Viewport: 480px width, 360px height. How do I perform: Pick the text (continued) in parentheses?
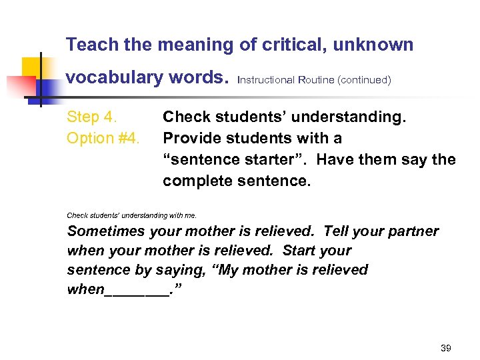[x=364, y=80]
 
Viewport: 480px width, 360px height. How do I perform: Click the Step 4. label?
[x=92, y=117]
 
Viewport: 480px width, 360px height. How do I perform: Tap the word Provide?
[x=193, y=139]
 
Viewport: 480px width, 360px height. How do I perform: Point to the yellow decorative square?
[x=31, y=67]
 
